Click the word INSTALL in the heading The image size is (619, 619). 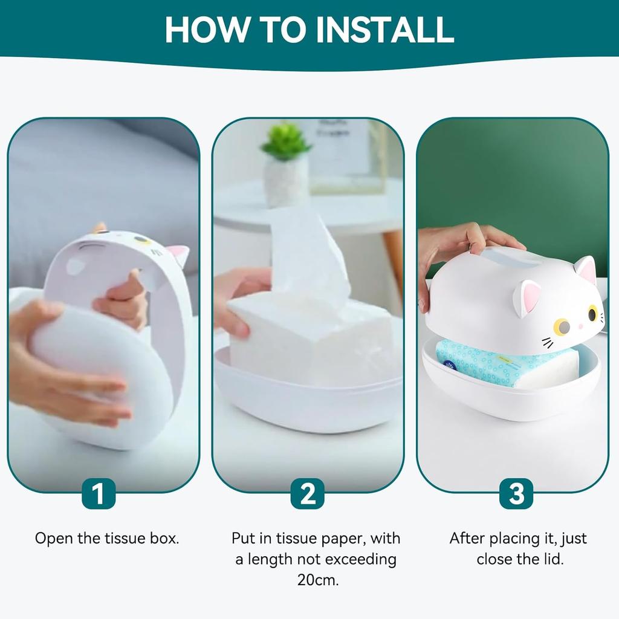(385, 30)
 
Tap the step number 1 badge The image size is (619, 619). (99, 493)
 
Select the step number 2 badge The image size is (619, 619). (308, 493)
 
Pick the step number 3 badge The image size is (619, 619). (516, 493)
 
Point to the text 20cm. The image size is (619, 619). (318, 580)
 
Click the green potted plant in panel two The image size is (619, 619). (286, 142)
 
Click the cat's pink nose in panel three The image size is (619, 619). (581, 326)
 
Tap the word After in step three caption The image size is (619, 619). (467, 539)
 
